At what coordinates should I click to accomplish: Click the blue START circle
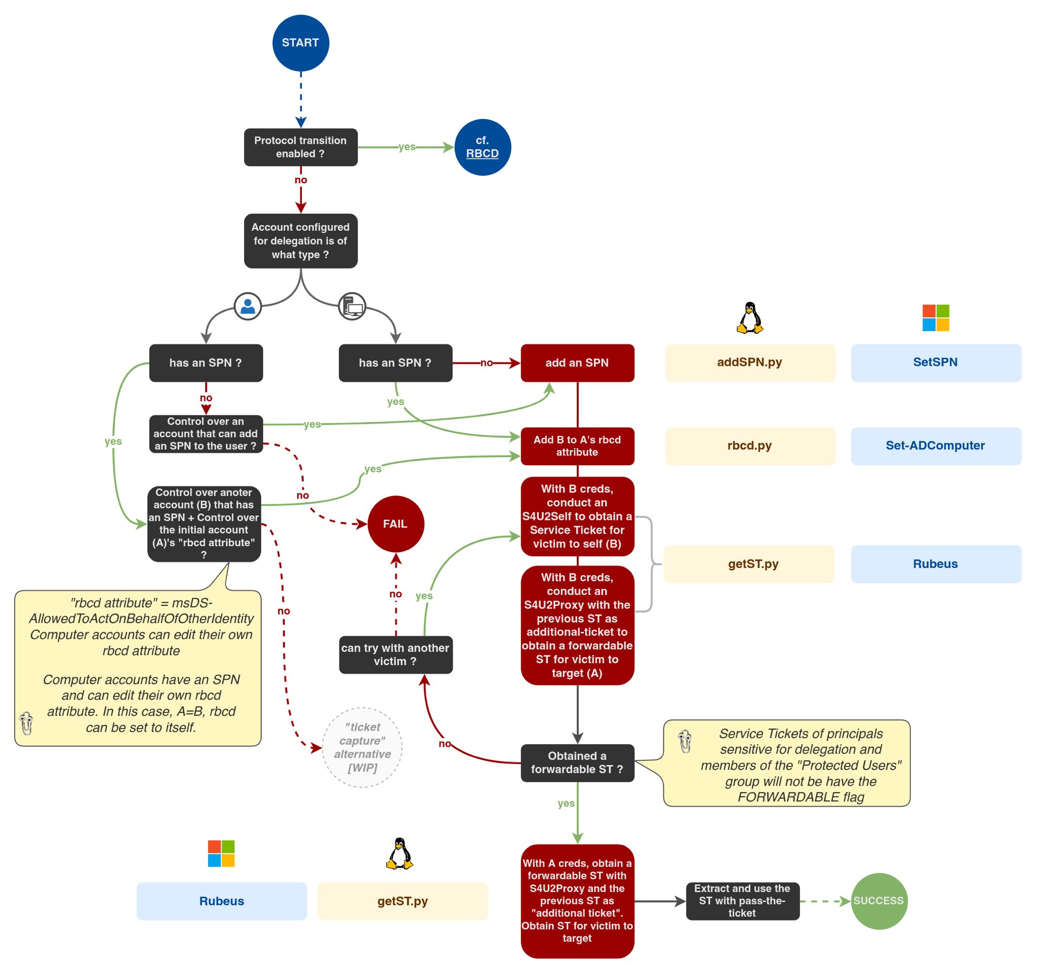(300, 43)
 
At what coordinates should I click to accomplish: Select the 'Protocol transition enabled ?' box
(300, 147)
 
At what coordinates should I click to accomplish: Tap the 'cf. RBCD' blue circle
(483, 147)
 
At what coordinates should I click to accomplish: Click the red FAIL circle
(395, 523)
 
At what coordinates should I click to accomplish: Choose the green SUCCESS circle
(879, 901)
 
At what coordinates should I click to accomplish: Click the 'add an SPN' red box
(577, 362)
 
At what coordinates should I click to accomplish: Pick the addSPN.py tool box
(749, 362)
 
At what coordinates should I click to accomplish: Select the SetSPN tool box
(935, 362)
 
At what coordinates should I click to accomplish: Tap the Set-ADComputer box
(935, 446)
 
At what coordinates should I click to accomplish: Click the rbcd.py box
(749, 446)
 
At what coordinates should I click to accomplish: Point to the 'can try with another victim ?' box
(395, 655)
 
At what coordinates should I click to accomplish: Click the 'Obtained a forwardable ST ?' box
(577, 762)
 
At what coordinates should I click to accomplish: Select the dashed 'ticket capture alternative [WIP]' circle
(362, 747)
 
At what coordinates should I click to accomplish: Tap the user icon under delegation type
(248, 306)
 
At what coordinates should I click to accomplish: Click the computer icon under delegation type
(352, 306)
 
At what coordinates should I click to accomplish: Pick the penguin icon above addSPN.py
(749, 317)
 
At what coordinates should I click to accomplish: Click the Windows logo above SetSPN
(935, 317)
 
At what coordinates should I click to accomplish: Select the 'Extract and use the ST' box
(742, 901)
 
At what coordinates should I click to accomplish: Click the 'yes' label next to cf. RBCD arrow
(407, 147)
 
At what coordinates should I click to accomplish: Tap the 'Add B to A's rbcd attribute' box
(577, 446)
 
